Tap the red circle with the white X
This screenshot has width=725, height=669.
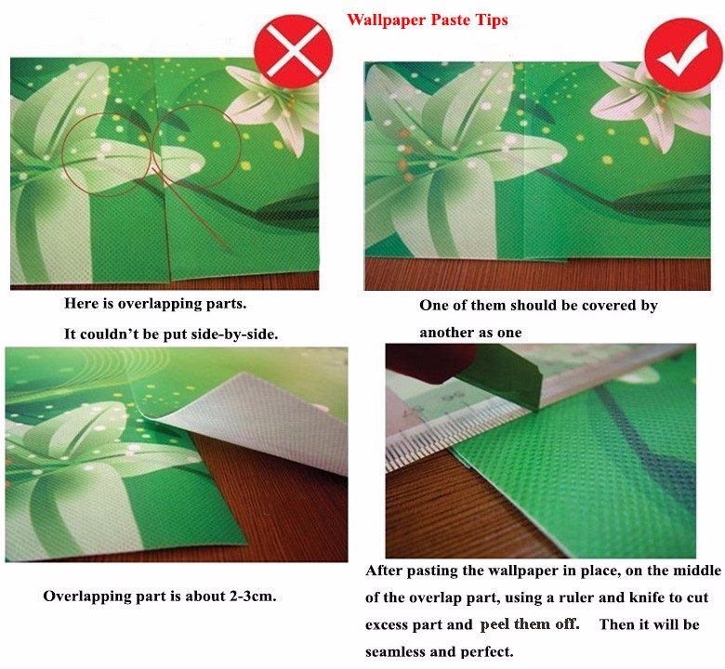[294, 50]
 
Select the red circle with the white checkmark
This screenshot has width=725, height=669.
[683, 55]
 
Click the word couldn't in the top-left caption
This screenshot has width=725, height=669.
[106, 334]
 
